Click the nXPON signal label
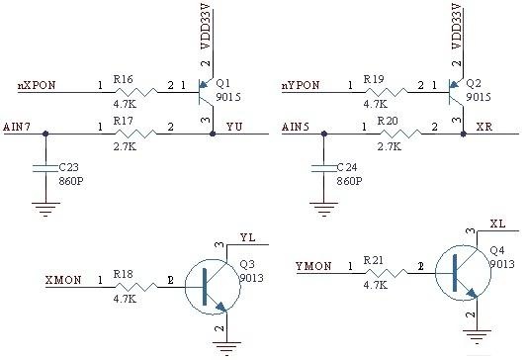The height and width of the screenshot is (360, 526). (37, 86)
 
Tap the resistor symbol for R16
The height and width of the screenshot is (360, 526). (135, 92)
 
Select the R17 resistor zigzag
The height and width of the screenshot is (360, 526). (135, 135)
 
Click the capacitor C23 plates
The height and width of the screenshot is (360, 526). (45, 168)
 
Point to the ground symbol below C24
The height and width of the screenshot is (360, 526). (323, 210)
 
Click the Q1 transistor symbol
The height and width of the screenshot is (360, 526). (206, 92)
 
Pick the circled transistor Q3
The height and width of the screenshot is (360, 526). (213, 287)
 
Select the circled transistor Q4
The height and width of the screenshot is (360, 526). (463, 273)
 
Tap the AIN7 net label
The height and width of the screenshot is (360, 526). (17, 128)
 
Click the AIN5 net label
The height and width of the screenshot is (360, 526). (296, 128)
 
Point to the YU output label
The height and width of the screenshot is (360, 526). (234, 127)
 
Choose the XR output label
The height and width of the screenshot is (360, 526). (484, 127)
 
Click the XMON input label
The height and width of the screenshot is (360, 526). (63, 280)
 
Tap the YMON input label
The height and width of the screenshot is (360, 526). (313, 266)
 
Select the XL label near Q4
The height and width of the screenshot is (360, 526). (498, 224)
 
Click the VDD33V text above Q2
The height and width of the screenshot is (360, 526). (457, 26)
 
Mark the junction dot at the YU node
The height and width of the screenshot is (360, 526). (213, 134)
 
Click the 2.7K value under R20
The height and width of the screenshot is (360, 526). (390, 146)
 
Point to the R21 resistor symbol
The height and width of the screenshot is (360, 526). (387, 273)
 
